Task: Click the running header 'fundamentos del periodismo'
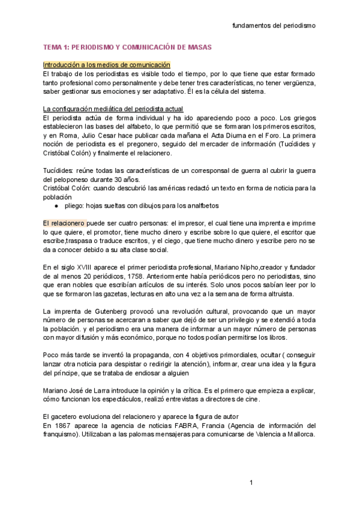(274, 26)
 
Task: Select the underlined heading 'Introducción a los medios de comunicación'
(107, 64)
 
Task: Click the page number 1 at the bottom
(252, 483)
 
